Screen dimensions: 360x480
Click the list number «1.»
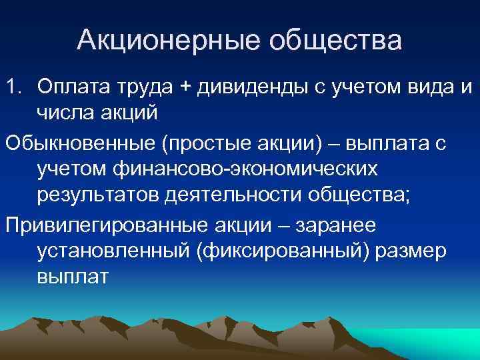[15, 86]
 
